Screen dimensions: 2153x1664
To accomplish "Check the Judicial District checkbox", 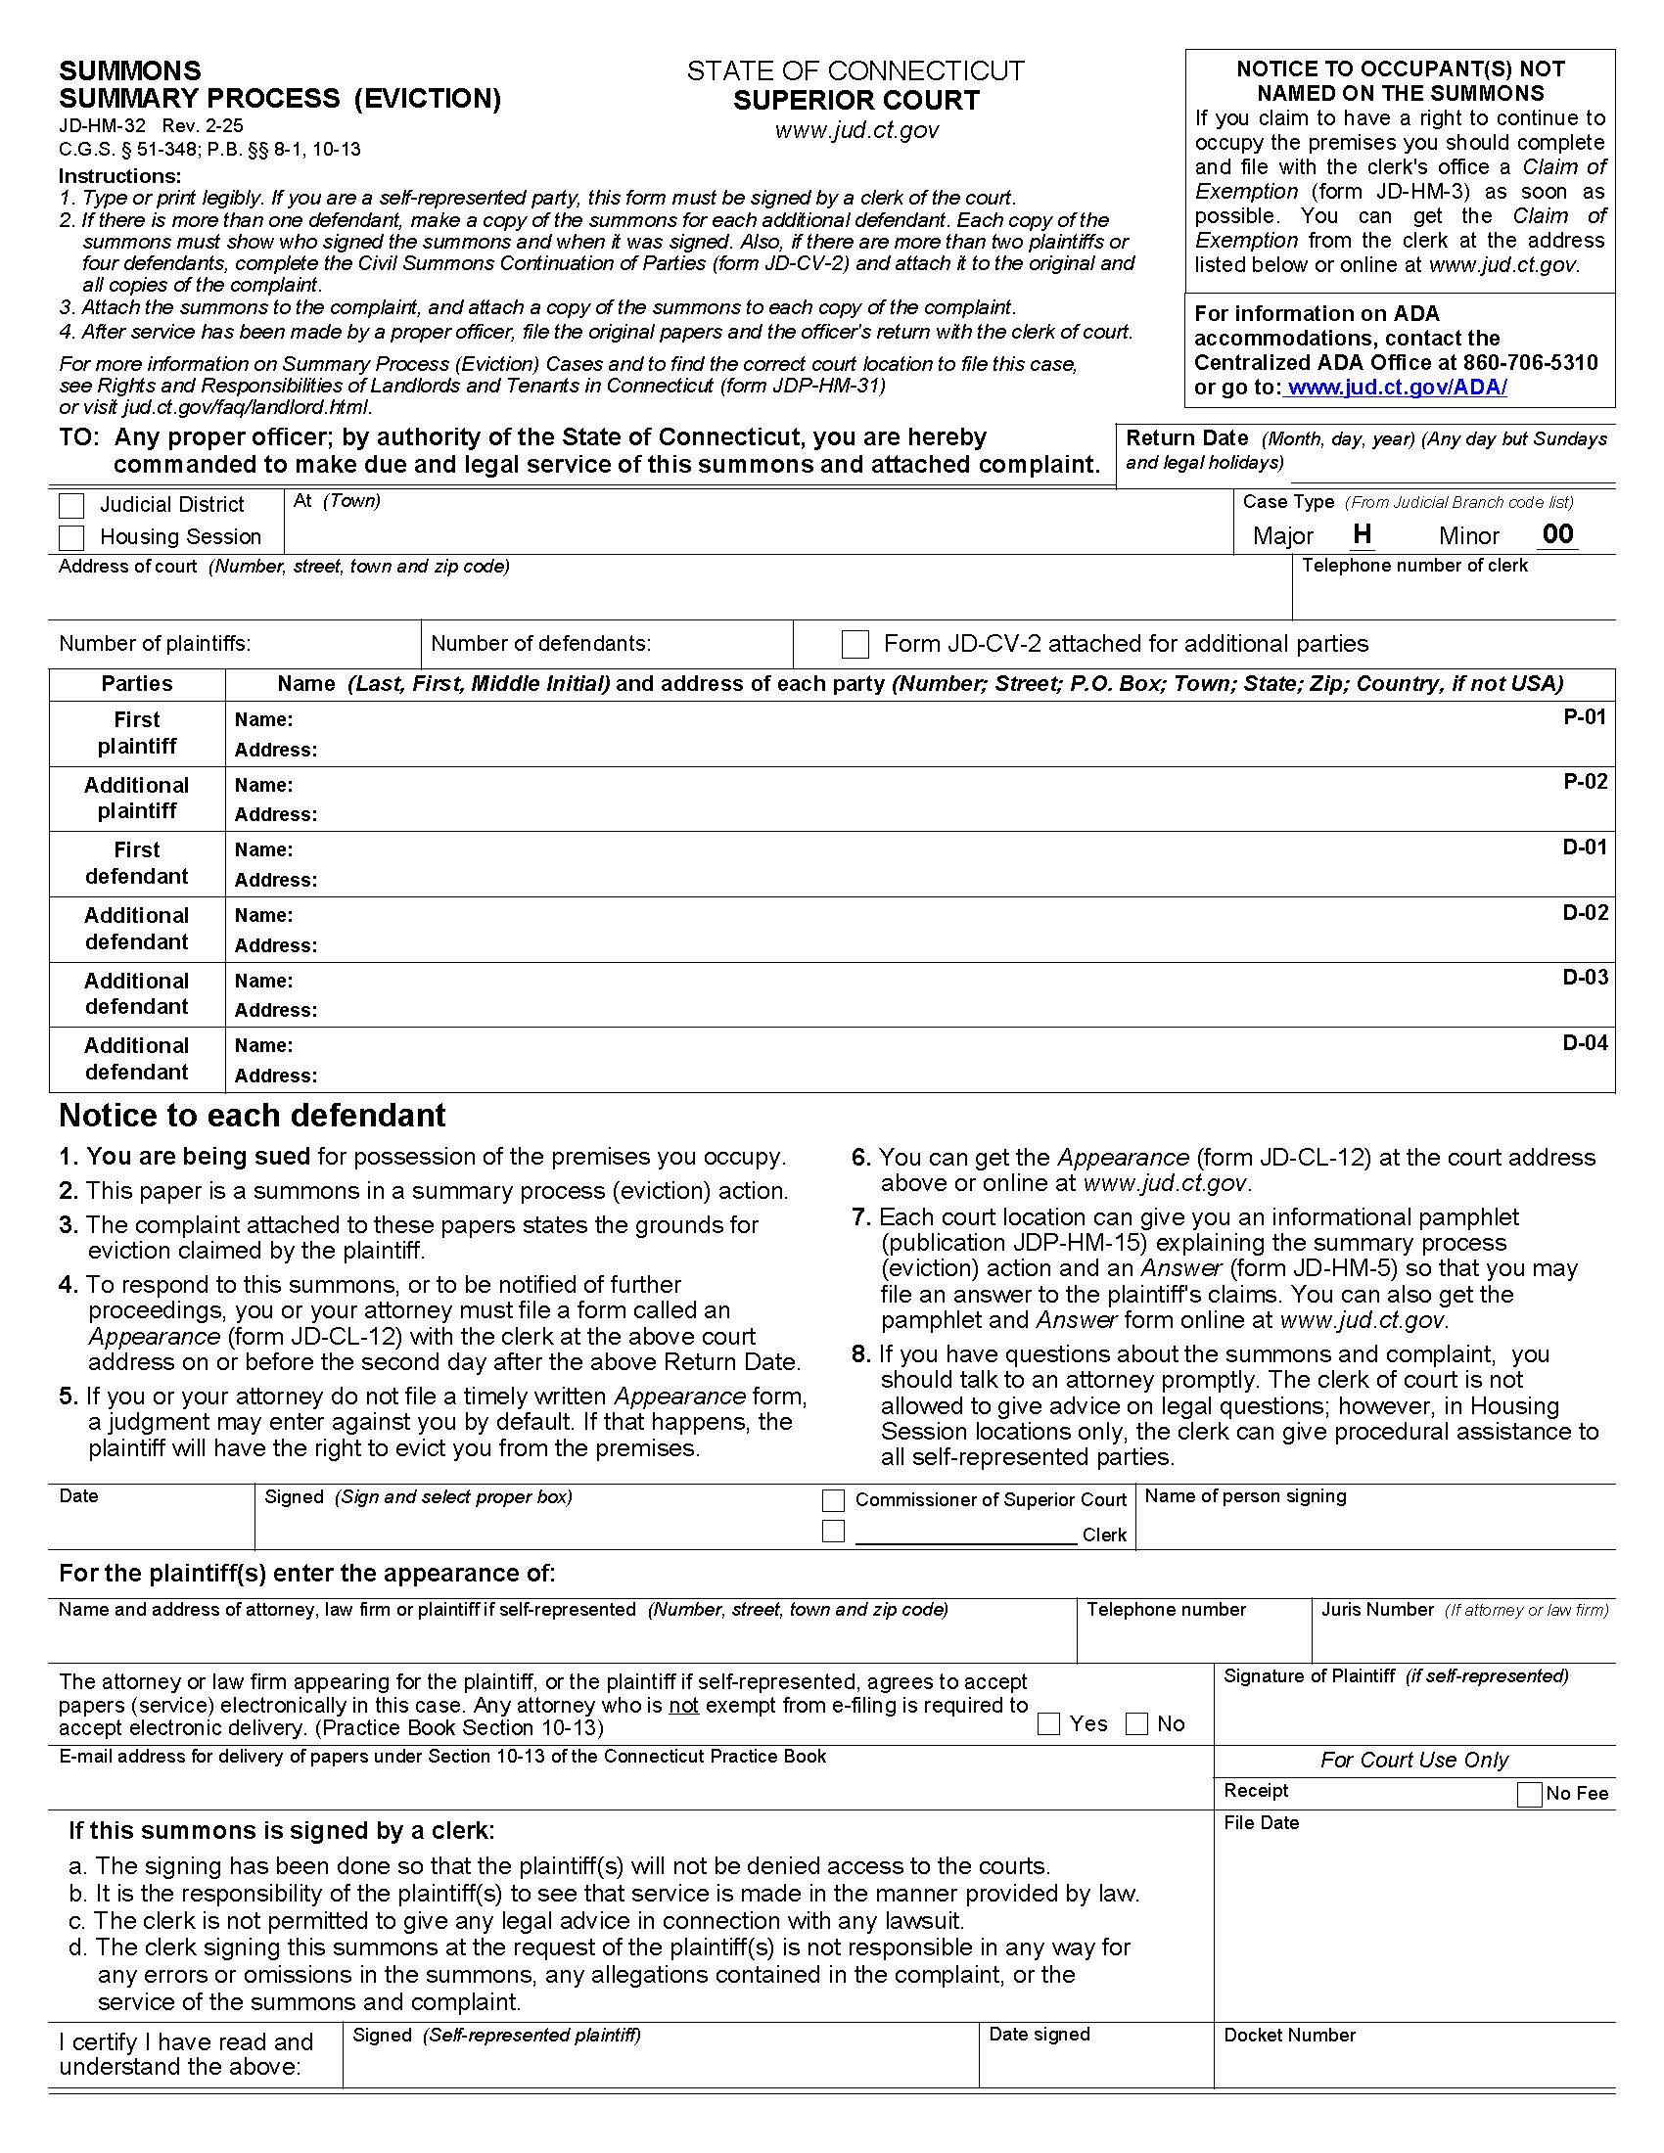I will point(71,506).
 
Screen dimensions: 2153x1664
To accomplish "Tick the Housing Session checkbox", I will point(71,537).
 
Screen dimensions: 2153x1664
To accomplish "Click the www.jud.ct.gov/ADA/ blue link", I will point(1397,388).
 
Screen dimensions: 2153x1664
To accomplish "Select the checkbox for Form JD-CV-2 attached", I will point(855,645).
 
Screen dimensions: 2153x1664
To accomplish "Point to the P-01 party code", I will point(1584,716).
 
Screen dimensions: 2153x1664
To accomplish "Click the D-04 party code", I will point(1584,1043).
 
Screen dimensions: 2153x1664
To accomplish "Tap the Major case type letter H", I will point(1362,534).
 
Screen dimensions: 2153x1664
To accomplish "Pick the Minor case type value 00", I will point(1557,534).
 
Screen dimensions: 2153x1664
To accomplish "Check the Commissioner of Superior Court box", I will point(833,1500).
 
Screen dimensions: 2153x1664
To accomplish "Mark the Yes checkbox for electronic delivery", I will point(1049,1724).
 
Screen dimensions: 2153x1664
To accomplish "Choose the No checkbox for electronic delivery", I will point(1136,1724).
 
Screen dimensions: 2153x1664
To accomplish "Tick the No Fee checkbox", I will point(1529,1794).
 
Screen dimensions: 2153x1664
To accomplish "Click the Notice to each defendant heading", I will point(253,1115).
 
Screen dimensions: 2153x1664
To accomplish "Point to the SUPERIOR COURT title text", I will point(855,101).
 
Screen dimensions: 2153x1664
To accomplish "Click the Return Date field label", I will point(1187,438).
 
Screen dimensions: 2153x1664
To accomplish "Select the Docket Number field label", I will point(1289,2036).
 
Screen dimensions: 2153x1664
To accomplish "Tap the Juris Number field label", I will point(1377,1610).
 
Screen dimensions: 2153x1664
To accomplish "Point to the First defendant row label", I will point(136,863).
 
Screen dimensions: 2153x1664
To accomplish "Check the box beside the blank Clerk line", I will point(833,1532).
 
